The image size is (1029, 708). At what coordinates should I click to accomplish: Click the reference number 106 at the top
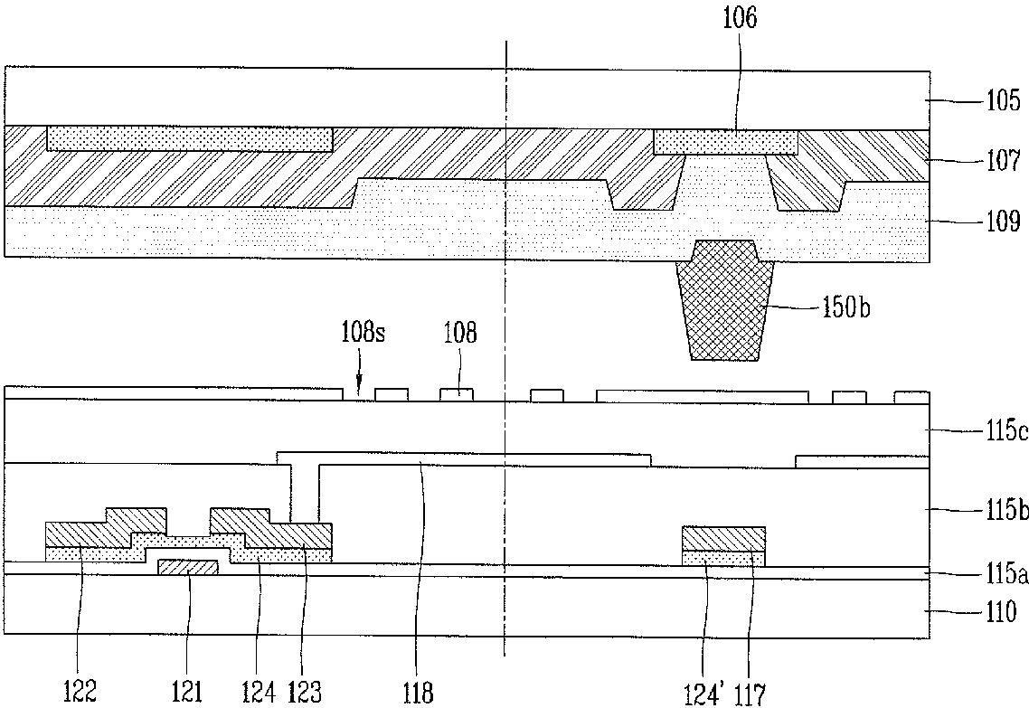(740, 18)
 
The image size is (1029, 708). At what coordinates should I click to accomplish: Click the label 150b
(846, 307)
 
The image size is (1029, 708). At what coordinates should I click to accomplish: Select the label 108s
(363, 333)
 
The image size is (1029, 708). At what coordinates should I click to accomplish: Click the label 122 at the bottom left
(80, 693)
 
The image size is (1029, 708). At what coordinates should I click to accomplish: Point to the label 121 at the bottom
(187, 693)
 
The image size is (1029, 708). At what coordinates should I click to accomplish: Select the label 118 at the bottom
(420, 693)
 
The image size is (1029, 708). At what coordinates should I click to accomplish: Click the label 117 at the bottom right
(749, 694)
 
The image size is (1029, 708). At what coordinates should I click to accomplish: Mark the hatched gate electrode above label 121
(188, 567)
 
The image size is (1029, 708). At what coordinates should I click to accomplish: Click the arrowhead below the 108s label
(358, 392)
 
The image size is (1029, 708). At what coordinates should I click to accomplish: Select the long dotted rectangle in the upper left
(190, 139)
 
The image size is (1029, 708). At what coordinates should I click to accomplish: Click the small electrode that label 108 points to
(456, 394)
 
